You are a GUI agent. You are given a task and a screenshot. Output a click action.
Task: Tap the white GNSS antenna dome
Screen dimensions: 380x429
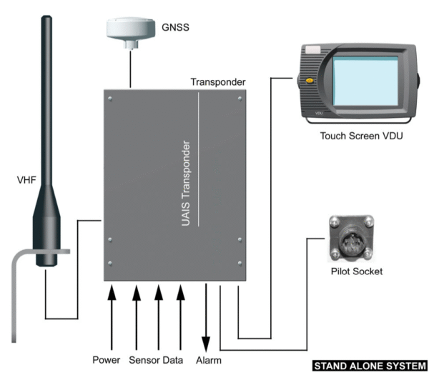coord(129,29)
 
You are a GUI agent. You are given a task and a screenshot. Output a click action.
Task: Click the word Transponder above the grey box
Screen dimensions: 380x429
coord(218,82)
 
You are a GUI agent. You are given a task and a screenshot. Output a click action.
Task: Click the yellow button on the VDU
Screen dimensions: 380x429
coord(309,81)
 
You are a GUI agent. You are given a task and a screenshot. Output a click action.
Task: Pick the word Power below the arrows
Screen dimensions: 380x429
coord(107,359)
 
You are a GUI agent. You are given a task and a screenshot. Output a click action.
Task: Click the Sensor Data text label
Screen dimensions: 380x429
coord(157,359)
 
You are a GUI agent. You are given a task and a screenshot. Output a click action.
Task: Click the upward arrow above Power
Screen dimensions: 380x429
coord(112,314)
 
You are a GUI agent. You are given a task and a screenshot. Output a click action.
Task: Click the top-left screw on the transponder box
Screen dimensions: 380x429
coord(109,99)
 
